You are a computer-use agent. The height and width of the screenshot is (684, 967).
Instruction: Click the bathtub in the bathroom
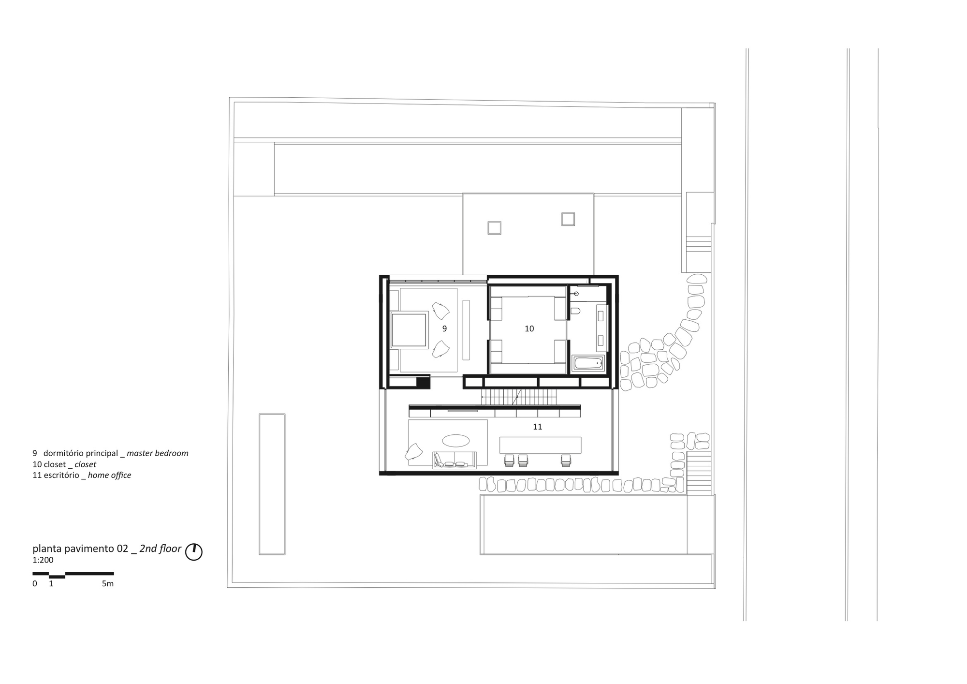[x=588, y=363]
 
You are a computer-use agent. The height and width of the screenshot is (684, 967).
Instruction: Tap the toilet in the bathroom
[x=575, y=311]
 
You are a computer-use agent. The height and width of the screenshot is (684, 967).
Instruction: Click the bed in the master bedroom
[x=409, y=330]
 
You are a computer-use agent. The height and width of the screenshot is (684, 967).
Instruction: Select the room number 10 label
[x=529, y=328]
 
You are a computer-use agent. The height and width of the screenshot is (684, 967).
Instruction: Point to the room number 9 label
[x=444, y=328]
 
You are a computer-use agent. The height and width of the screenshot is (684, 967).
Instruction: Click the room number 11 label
[x=537, y=427]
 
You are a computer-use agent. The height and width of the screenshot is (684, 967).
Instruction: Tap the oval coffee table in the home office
[x=455, y=441]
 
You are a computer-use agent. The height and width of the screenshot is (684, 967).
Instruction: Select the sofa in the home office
[x=454, y=460]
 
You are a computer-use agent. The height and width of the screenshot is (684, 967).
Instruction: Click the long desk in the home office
[x=541, y=445]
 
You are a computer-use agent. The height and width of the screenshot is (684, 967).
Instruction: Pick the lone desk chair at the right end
[x=566, y=460]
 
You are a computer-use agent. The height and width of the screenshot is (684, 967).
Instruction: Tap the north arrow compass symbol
[x=194, y=552]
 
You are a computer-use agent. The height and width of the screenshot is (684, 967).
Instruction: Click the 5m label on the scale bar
[x=108, y=584]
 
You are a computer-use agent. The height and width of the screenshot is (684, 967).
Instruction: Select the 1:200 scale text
[x=43, y=560]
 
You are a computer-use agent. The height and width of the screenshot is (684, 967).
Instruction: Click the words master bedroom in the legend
[x=158, y=453]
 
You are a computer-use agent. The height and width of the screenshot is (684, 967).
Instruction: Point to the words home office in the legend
[x=110, y=475]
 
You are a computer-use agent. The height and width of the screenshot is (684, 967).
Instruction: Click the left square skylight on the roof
[x=494, y=228]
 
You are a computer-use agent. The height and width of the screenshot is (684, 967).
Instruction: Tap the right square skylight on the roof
[x=568, y=219]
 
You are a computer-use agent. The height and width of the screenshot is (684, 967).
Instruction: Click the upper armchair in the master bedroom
[x=440, y=310]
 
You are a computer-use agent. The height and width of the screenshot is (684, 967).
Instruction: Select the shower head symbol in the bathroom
[x=576, y=294]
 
